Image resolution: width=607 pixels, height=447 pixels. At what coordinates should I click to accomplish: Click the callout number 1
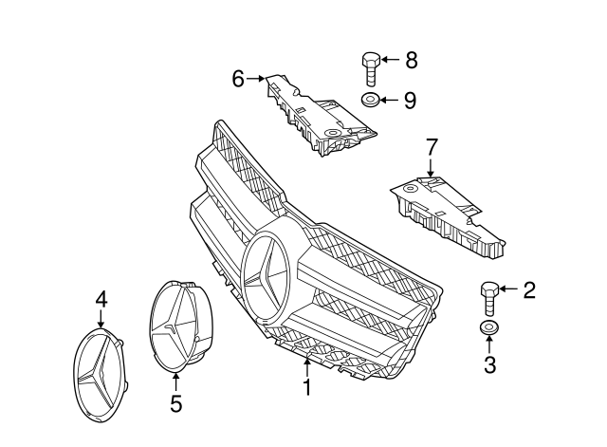click(x=306, y=388)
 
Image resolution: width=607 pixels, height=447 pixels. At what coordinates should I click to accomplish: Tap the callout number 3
click(x=489, y=365)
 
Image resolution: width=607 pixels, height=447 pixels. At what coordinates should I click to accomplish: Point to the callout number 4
click(x=101, y=300)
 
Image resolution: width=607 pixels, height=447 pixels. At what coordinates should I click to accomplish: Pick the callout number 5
click(x=175, y=404)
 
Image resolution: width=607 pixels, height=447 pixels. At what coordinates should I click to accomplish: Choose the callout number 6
click(x=239, y=78)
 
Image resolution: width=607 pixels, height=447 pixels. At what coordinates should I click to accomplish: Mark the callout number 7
click(x=432, y=147)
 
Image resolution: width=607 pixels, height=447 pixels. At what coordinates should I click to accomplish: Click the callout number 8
click(x=411, y=61)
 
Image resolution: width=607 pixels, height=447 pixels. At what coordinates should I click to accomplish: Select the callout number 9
click(x=410, y=100)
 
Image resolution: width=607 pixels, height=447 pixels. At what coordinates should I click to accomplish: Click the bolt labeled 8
click(x=371, y=69)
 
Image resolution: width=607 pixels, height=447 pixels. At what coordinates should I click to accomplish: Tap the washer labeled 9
click(x=371, y=100)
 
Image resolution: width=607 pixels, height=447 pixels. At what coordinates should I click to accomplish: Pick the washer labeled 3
click(x=489, y=329)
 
